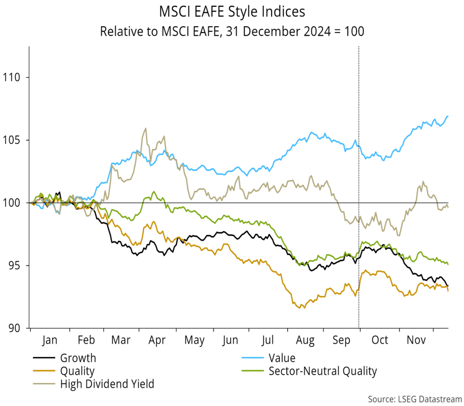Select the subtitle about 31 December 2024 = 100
(x=232, y=32)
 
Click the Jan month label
(x=49, y=340)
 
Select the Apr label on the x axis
(x=157, y=340)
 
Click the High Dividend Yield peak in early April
(x=145, y=129)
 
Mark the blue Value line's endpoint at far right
(x=448, y=116)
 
